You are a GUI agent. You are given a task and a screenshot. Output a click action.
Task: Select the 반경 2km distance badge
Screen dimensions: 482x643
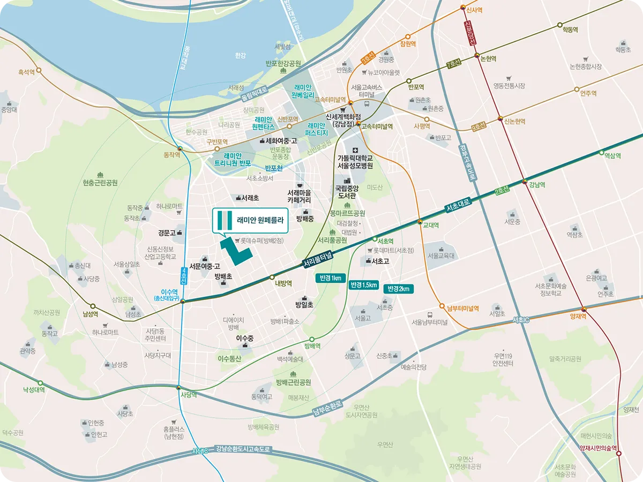click(x=399, y=289)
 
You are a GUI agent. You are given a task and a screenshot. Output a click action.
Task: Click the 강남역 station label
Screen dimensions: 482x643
click(x=537, y=185)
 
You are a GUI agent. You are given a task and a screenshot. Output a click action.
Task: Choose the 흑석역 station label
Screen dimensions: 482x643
click(x=31, y=71)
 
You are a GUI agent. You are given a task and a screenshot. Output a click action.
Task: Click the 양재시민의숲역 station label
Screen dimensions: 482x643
click(x=599, y=448)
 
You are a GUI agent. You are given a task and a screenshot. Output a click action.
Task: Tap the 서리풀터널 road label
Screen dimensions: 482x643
click(x=318, y=260)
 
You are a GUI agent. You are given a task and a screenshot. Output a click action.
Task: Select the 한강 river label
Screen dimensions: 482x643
click(x=240, y=56)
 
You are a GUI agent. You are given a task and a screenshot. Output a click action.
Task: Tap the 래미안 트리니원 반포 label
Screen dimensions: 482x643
click(x=233, y=159)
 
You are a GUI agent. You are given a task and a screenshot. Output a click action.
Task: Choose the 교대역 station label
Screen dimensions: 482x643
click(x=431, y=225)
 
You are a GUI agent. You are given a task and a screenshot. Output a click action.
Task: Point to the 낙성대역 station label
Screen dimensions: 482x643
click(x=34, y=390)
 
